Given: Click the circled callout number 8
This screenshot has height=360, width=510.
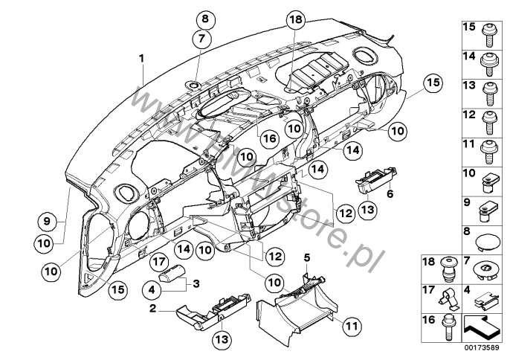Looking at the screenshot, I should [205, 19].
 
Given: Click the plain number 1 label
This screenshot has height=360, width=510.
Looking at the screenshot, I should [141, 57].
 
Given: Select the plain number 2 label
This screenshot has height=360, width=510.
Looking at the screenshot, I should [152, 308].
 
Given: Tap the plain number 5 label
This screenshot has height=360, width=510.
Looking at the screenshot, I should [305, 257].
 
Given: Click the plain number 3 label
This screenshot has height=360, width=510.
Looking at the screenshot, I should [197, 283].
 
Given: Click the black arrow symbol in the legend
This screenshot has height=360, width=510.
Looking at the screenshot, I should [480, 326].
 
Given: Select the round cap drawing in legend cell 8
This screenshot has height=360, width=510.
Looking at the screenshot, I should [488, 242].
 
